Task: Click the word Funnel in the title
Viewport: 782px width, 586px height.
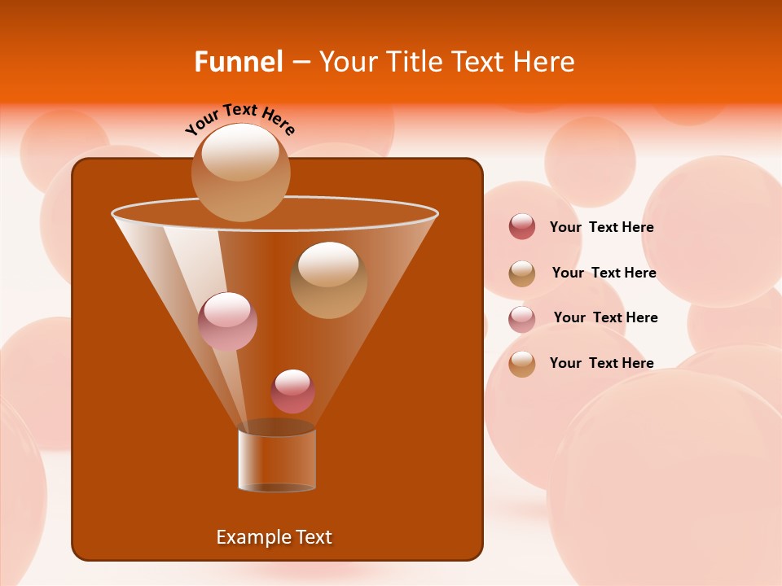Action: click(x=238, y=62)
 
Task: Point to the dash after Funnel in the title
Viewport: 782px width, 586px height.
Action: click(x=301, y=62)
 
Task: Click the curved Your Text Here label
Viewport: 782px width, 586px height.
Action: click(x=239, y=119)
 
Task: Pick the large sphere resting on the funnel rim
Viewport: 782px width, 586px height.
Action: click(x=240, y=172)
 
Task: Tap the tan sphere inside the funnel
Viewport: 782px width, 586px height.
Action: click(x=328, y=279)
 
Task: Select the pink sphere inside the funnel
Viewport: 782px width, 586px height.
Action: click(x=227, y=321)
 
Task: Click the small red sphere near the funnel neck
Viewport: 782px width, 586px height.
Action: click(x=292, y=391)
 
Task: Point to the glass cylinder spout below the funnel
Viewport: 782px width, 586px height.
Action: click(x=277, y=460)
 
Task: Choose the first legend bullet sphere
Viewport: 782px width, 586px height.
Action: click(x=522, y=227)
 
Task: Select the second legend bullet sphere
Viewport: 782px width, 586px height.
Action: click(x=522, y=273)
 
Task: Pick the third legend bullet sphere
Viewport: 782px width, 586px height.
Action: click(x=522, y=318)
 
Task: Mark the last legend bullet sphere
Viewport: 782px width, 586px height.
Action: click(x=522, y=364)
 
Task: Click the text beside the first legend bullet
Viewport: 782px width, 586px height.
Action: click(x=601, y=227)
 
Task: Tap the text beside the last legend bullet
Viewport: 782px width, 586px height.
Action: click(x=601, y=363)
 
